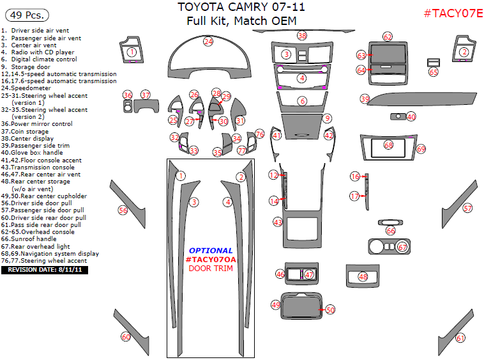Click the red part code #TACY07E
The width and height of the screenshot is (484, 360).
point(453,13)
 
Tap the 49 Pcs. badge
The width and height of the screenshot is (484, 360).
point(27,15)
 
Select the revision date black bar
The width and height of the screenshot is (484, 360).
point(45,270)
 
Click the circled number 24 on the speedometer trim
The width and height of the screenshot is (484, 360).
point(208,42)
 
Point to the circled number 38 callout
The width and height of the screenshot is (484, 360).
point(302,36)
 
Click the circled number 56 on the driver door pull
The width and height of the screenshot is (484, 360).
point(123,210)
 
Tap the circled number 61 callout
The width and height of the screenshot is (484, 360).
point(460,338)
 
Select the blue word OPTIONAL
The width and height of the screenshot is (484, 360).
point(211,251)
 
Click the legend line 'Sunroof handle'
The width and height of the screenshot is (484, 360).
point(29,239)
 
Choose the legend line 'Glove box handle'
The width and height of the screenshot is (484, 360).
point(32,153)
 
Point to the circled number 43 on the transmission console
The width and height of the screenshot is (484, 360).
point(278,222)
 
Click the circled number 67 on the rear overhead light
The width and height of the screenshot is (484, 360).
point(402,247)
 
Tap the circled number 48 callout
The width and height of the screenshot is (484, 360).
point(363,277)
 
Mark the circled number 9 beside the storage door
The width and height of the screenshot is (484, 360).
point(327,118)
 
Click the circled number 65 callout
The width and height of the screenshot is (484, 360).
point(434,72)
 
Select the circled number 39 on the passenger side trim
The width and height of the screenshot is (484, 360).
point(365,99)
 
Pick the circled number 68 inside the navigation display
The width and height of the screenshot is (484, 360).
point(388,145)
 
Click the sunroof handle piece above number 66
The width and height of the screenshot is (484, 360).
point(391,223)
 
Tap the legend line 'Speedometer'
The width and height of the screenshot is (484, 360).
point(26,88)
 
